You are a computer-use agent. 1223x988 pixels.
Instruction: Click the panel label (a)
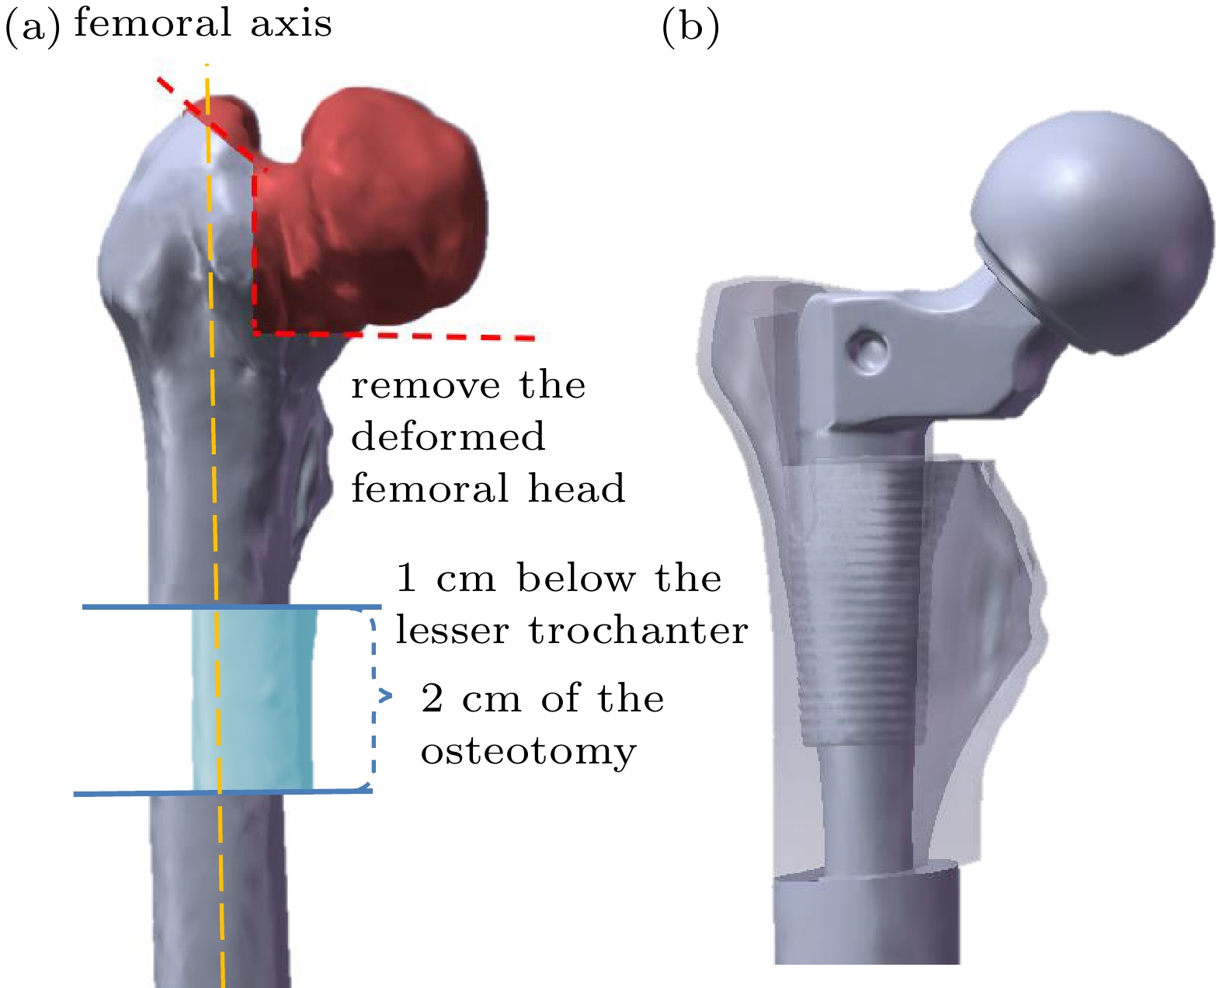click(x=32, y=28)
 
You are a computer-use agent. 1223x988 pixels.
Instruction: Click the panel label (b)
click(x=690, y=28)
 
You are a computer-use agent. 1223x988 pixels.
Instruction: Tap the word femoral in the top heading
click(x=152, y=23)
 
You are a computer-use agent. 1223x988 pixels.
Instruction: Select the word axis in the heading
click(x=291, y=23)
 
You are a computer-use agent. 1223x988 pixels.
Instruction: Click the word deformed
click(x=448, y=437)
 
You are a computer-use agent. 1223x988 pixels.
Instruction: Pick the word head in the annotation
click(x=576, y=489)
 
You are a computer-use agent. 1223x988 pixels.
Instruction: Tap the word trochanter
click(x=638, y=630)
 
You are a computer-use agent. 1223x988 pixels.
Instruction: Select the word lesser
click(x=452, y=630)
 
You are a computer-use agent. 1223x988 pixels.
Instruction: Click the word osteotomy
click(x=528, y=751)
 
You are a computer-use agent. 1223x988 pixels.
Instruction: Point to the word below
click(x=575, y=579)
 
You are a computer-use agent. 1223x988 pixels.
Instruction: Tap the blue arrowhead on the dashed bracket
click(x=385, y=696)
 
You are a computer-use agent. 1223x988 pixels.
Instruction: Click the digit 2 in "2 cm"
click(x=433, y=699)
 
